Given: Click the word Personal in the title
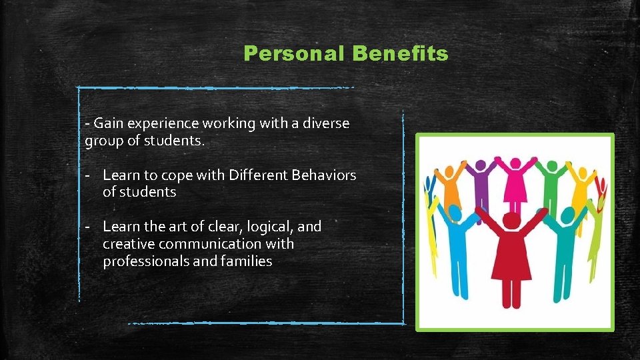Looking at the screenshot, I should point(293,54).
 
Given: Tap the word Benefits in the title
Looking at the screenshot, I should point(399,54).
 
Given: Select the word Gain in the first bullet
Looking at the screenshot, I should point(109,123).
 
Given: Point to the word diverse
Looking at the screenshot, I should point(327,123).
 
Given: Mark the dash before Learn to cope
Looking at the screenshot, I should point(87,175).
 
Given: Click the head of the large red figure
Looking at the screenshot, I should point(511,220).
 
